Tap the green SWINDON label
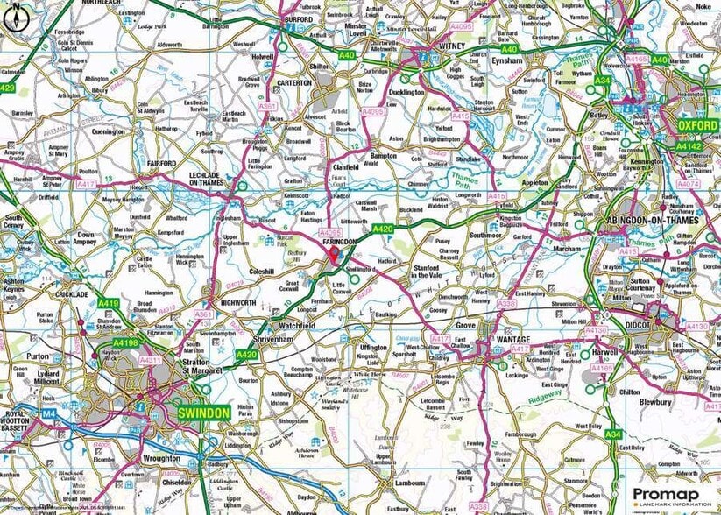pyautogui.click(x=203, y=413)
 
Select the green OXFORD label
pyautogui.click(x=697, y=126)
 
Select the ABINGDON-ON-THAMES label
pyautogui.click(x=660, y=221)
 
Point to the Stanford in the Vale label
pyautogui.click(x=439, y=272)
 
